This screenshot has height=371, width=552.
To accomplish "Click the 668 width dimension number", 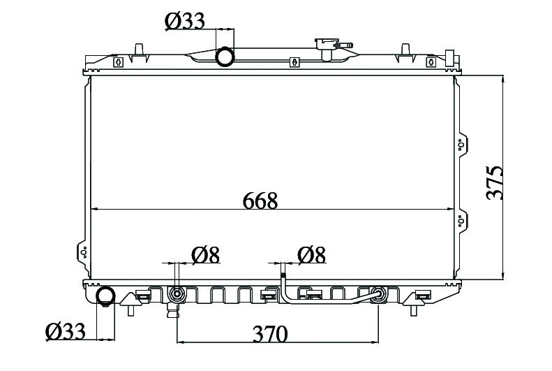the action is click(x=260, y=201).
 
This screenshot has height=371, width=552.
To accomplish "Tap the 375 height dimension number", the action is click(x=495, y=183).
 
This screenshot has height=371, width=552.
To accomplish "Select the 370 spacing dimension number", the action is click(x=270, y=333).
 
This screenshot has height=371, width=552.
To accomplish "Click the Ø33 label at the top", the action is click(x=184, y=22).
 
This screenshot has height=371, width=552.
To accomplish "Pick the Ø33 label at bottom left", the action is click(x=66, y=331).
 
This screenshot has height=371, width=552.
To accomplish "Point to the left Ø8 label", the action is click(x=206, y=255).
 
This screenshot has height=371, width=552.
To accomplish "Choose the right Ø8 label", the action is click(x=311, y=255).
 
